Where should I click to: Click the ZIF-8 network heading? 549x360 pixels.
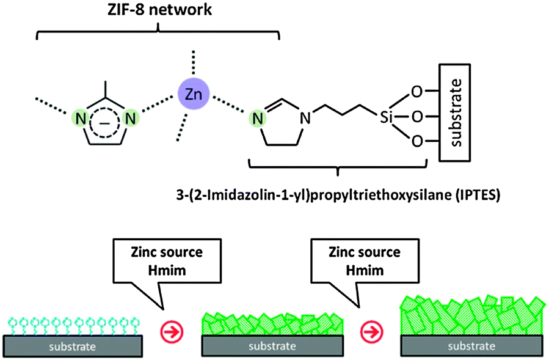[158, 10]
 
